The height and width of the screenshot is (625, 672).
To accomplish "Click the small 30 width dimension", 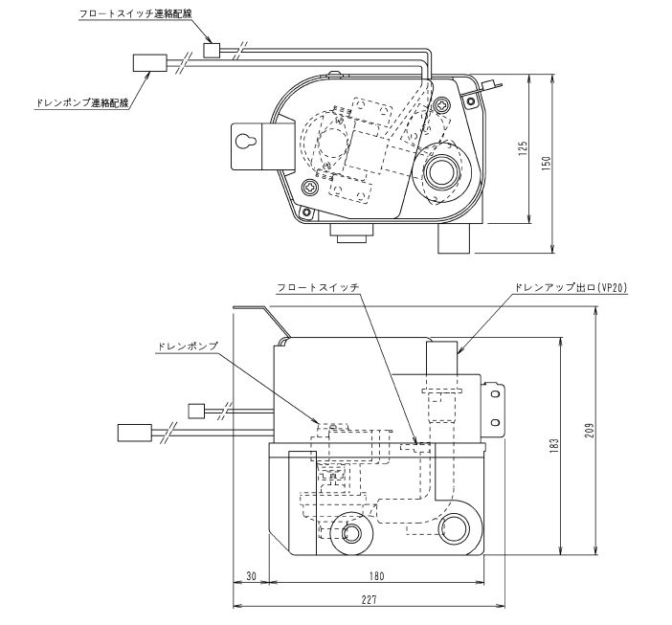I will click(x=252, y=576).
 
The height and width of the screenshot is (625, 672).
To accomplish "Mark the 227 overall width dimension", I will click(x=370, y=599).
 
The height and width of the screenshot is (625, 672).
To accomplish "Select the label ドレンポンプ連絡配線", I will click(x=75, y=100).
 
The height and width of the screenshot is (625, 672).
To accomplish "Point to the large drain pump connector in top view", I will click(x=146, y=63).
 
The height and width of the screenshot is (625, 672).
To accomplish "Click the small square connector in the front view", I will click(x=196, y=411).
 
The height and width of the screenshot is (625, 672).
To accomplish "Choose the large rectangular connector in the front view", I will click(x=130, y=432).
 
